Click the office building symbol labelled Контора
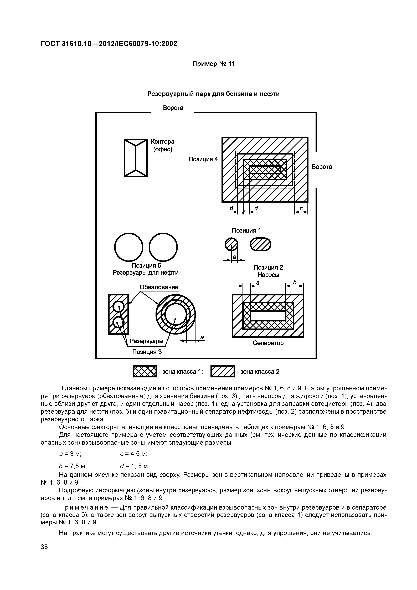(136, 158)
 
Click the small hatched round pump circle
(231, 244)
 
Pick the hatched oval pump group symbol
(260, 244)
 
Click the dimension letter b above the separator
(295, 282)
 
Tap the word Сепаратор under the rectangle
(268, 343)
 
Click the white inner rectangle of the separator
(268, 316)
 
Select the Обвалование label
(159, 287)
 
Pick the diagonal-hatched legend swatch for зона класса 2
(223, 371)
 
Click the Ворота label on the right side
(322, 167)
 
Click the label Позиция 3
(147, 352)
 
